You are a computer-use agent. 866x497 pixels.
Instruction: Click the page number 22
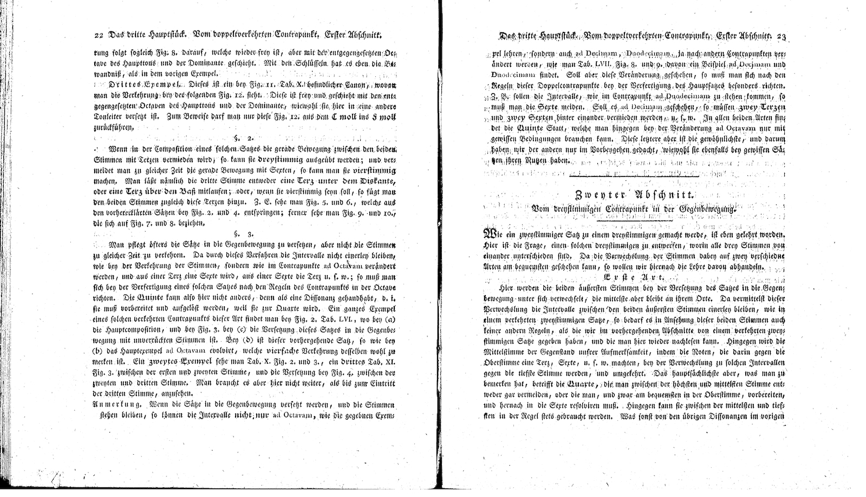(98, 36)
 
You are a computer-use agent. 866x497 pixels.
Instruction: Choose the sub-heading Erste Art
(630, 277)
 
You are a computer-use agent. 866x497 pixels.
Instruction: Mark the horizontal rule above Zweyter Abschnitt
(633, 175)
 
